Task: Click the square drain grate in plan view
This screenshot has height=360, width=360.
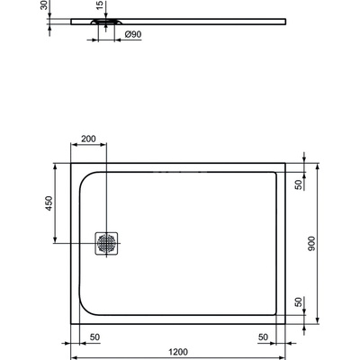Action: tap(105, 242)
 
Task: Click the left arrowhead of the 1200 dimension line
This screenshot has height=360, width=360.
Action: tap(73, 346)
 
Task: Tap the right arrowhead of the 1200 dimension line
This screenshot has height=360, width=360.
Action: tap(286, 346)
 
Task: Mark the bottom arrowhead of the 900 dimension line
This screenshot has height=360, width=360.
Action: tap(321, 323)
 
